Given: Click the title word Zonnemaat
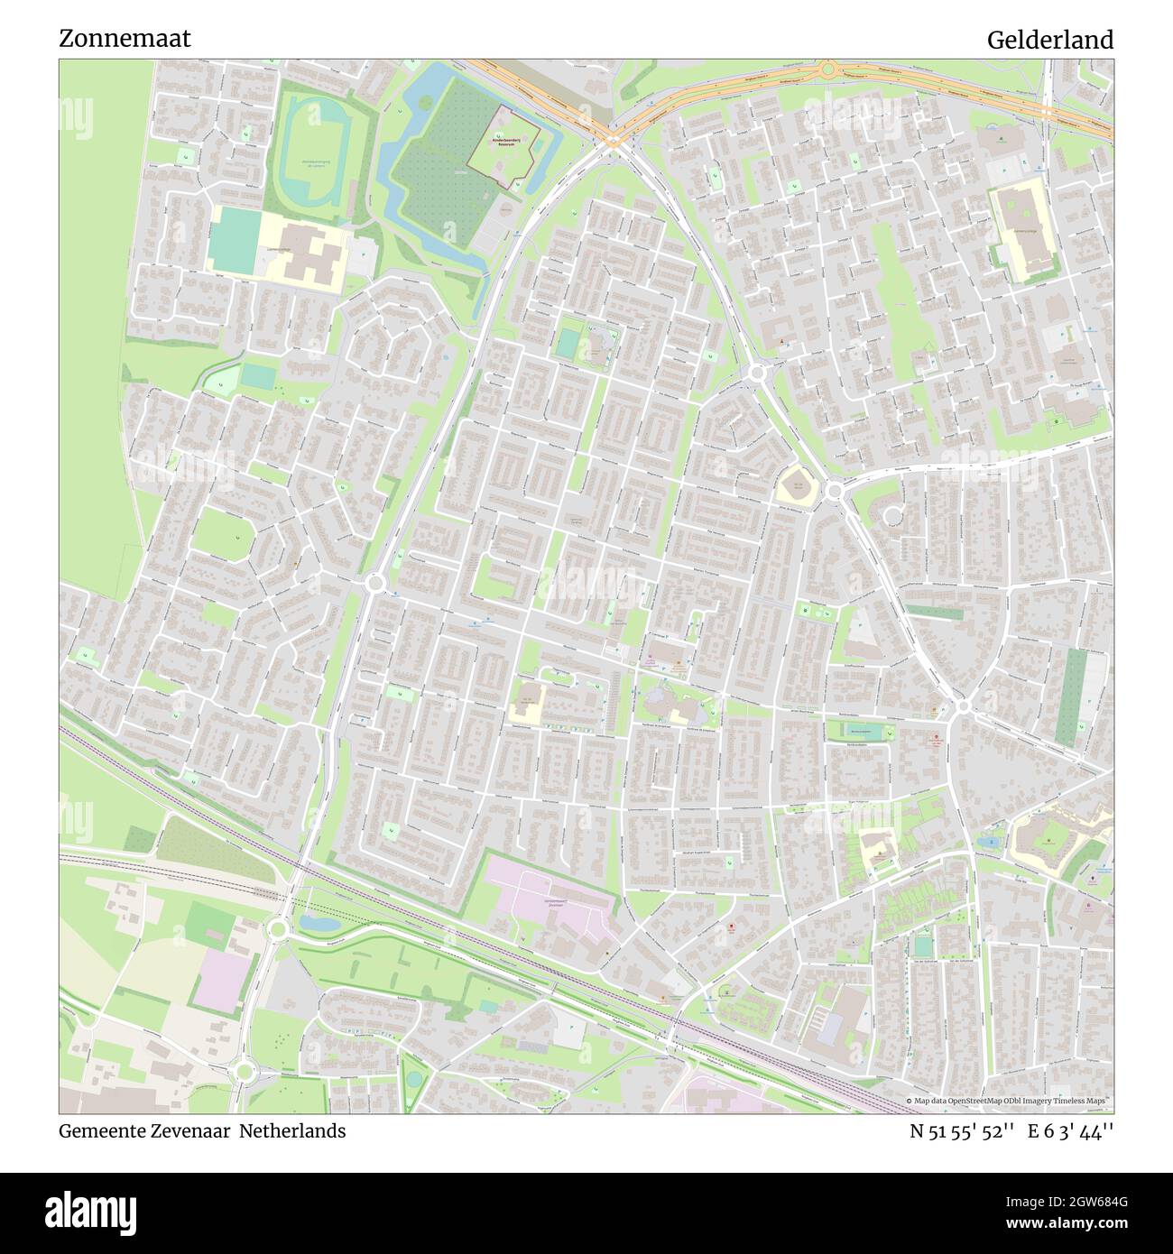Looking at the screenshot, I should pyautogui.click(x=125, y=39).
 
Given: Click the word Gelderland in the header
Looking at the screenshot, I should pyautogui.click(x=1049, y=40).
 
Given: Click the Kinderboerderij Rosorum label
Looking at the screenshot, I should pyautogui.click(x=514, y=142).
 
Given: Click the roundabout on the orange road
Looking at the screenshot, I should pyautogui.click(x=827, y=70).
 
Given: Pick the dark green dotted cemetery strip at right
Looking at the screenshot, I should pyautogui.click(x=1071, y=696).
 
